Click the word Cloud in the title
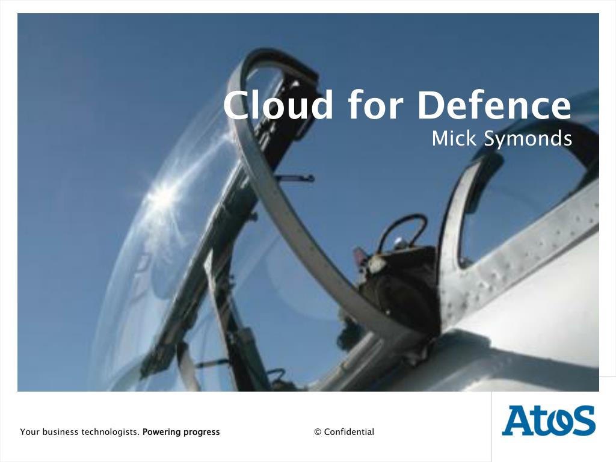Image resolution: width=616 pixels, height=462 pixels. tap(278, 105)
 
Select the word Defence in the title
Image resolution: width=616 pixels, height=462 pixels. tap(494, 105)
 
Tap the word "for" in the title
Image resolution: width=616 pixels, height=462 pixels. tap(375, 105)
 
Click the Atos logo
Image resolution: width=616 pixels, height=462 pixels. tap(548, 420)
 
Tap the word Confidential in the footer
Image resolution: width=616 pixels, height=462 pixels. tap(349, 432)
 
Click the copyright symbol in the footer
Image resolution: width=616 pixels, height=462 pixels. tap(318, 432)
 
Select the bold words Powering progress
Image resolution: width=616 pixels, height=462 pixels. tap(181, 432)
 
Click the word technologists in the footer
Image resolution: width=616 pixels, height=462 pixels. tap(110, 432)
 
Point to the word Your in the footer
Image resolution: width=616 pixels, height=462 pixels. tap(29, 432)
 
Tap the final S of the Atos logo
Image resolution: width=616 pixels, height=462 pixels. tap(582, 421)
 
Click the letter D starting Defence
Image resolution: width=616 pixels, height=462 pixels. tap(433, 105)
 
